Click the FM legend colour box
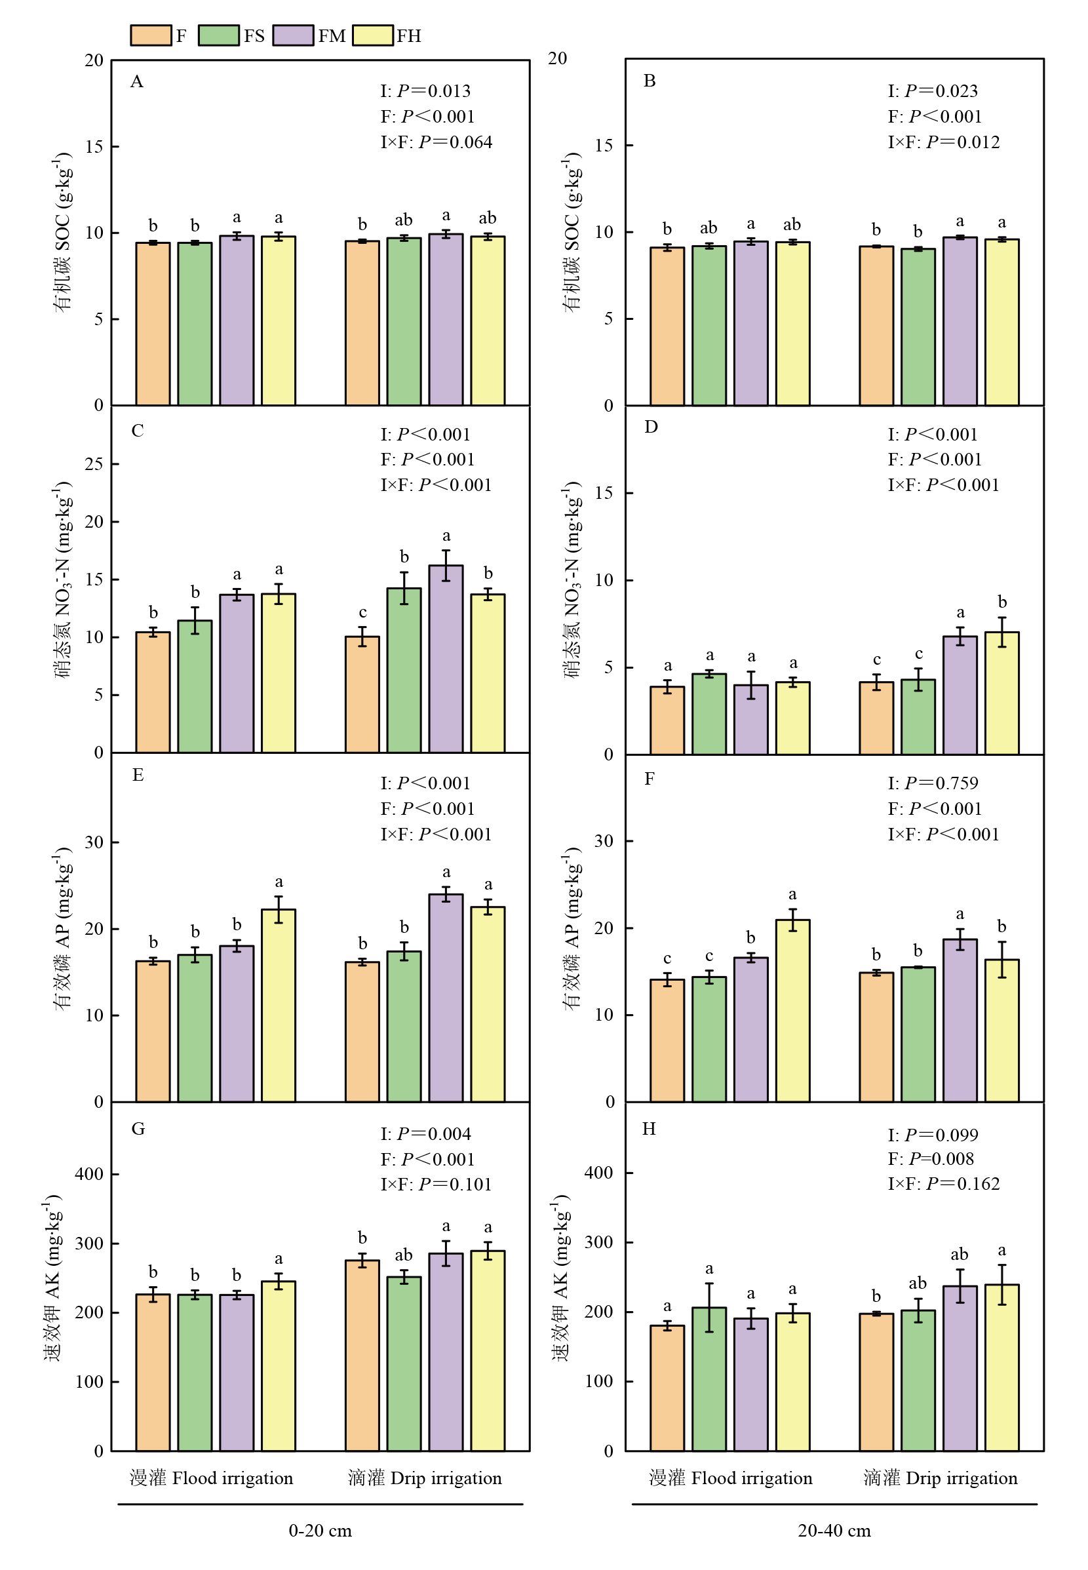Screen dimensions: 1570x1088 coord(293,35)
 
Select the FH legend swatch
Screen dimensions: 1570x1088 coord(373,35)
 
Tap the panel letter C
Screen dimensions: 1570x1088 coord(138,431)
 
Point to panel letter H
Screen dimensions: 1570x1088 coord(649,1129)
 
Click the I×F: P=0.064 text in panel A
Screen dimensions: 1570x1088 coord(437,142)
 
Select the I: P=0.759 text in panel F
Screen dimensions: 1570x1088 coord(933,783)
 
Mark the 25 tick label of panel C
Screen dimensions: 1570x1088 coord(94,465)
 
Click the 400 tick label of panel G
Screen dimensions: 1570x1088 coord(89,1175)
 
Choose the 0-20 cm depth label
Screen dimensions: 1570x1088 coord(321,1531)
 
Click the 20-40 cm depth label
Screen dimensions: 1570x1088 coord(834,1531)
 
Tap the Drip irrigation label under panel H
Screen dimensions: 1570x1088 coord(940,1479)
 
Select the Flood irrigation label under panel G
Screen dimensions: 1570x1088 coord(211,1479)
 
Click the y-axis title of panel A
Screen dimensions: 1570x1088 coord(63,233)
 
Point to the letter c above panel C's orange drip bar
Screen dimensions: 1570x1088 coord(362,613)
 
